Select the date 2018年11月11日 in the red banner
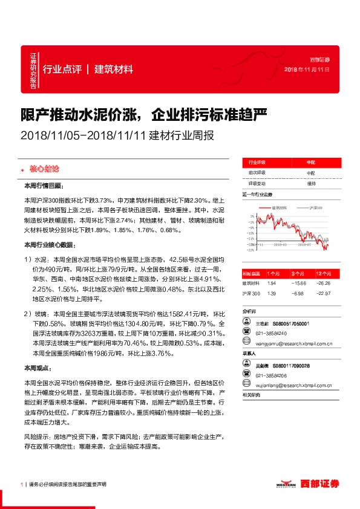307,70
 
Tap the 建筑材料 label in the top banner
114,69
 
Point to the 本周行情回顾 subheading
47,186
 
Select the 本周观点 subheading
38,368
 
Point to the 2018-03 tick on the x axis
279,245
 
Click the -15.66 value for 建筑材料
296,283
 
